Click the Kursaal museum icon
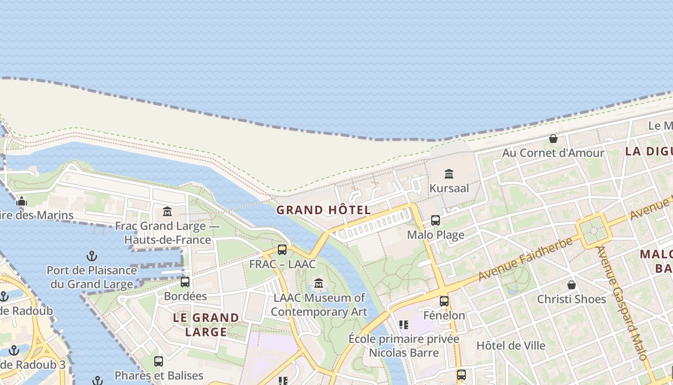click(449, 174)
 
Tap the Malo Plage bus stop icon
click(436, 220)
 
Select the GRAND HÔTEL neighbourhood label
click(324, 210)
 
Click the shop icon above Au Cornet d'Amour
click(553, 139)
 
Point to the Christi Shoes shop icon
click(572, 285)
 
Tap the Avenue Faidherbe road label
click(526, 259)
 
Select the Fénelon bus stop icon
click(444, 301)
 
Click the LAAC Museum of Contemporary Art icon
click(319, 283)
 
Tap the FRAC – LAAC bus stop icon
click(282, 250)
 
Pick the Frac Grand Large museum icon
click(167, 211)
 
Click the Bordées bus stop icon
click(185, 282)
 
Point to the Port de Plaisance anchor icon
click(91, 256)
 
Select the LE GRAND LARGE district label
click(206, 324)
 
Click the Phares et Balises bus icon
click(159, 361)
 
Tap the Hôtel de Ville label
click(511, 346)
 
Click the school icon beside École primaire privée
click(404, 325)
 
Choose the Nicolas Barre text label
click(404, 353)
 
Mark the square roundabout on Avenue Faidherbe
click(594, 231)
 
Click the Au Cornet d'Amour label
click(553, 153)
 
